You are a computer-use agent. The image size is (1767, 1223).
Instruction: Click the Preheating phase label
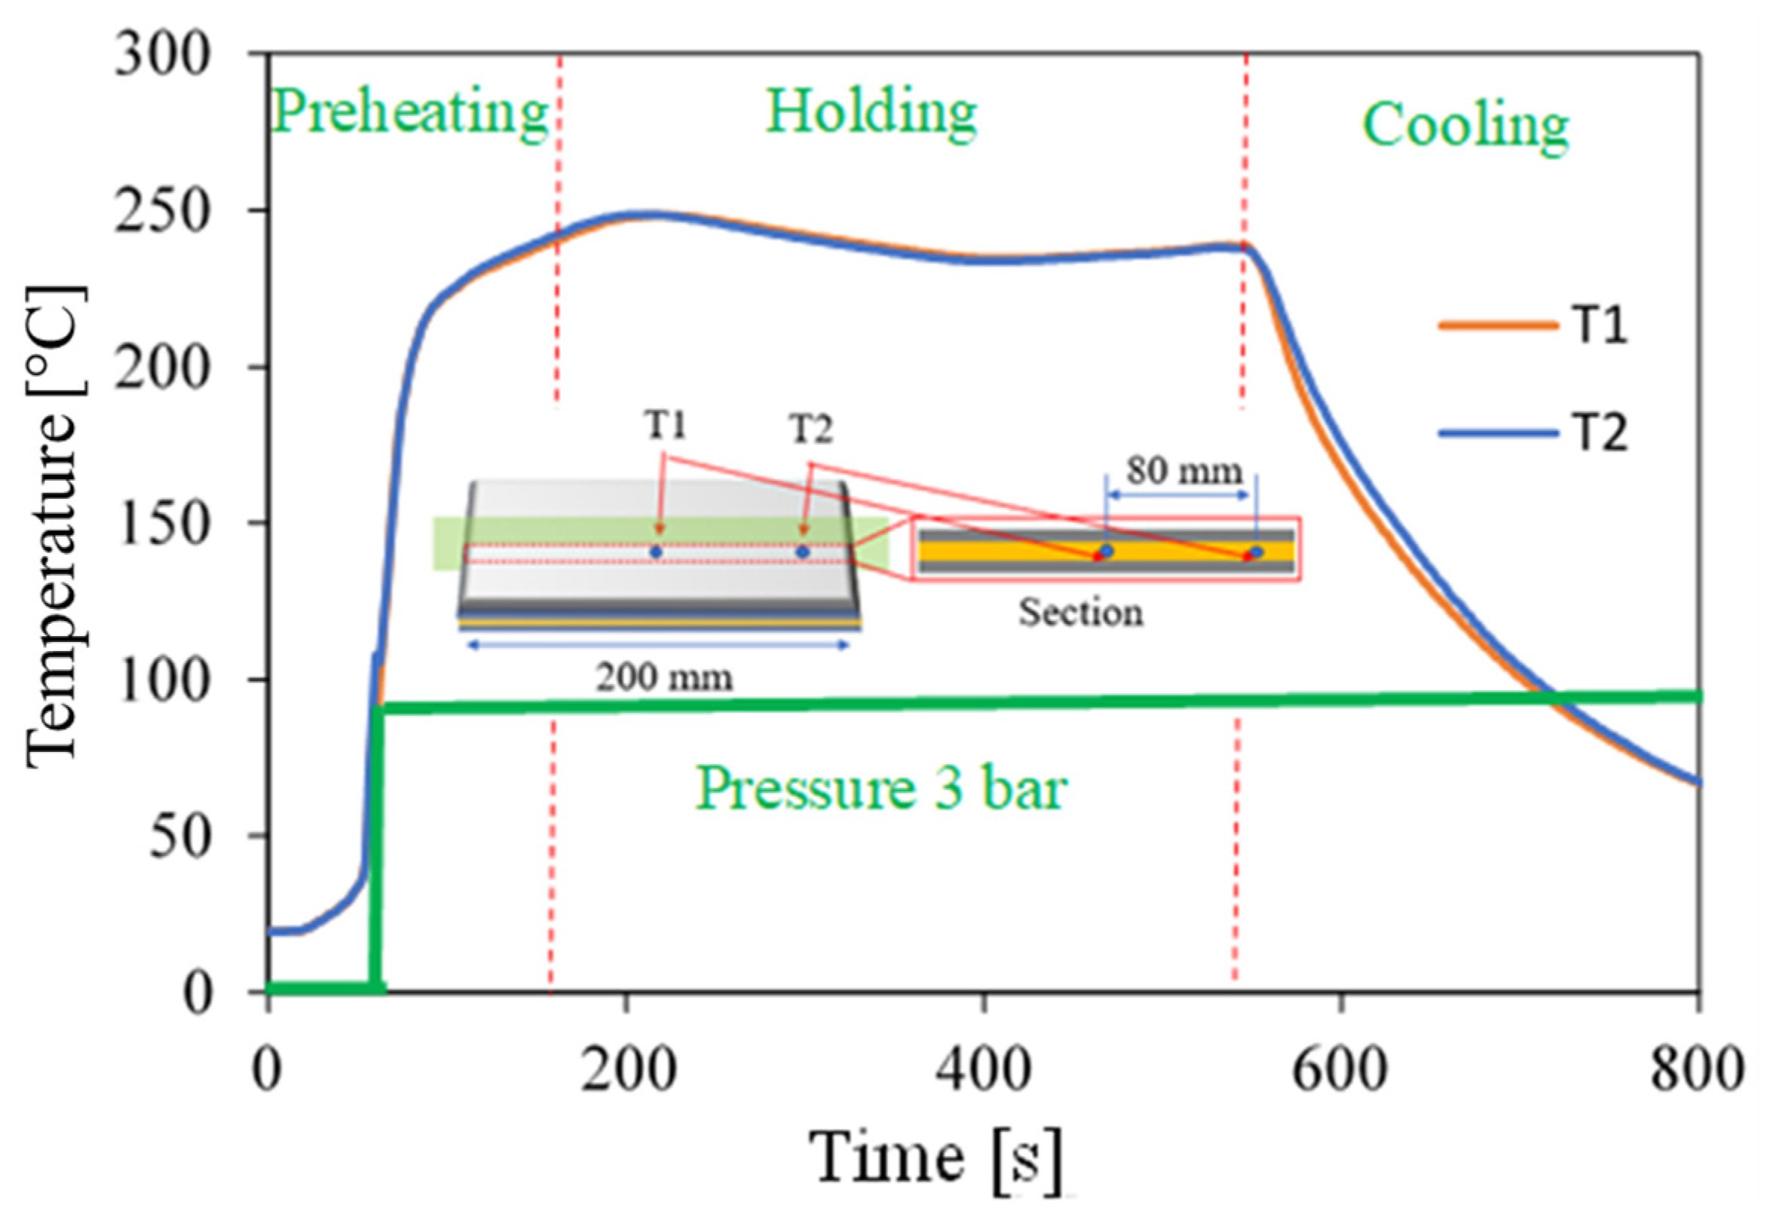point(410,112)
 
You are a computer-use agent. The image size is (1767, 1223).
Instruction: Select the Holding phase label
point(871,112)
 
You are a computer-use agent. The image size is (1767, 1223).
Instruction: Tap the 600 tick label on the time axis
point(1340,1071)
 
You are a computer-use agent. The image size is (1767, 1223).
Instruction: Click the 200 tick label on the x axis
point(628,1071)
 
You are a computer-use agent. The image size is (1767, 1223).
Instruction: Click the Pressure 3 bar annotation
point(880,788)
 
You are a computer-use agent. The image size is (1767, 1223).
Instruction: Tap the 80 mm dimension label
point(1184,469)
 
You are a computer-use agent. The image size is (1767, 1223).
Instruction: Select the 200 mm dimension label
point(665,677)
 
